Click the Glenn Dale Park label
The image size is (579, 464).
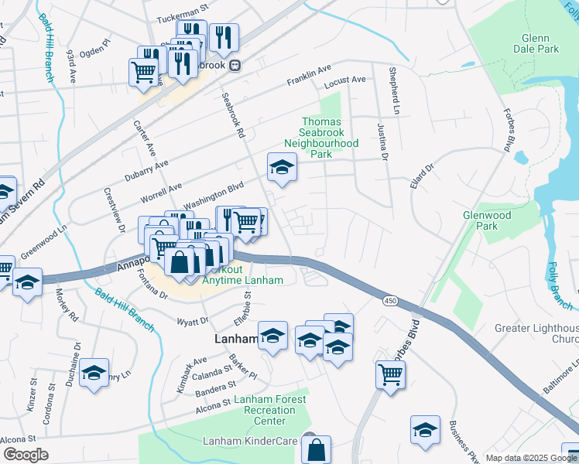pyautogui.click(x=535, y=43)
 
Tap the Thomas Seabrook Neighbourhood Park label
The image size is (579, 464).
pyautogui.click(x=321, y=138)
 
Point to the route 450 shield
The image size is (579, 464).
pyautogui.click(x=389, y=299)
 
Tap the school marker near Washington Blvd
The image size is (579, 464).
pyautogui.click(x=282, y=167)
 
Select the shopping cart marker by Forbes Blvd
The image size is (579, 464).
pyautogui.click(x=390, y=375)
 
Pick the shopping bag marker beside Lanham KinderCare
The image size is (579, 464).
pyautogui.click(x=316, y=449)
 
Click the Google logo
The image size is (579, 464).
pyautogui.click(x=26, y=455)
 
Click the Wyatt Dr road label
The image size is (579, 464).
pyautogui.click(x=193, y=321)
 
